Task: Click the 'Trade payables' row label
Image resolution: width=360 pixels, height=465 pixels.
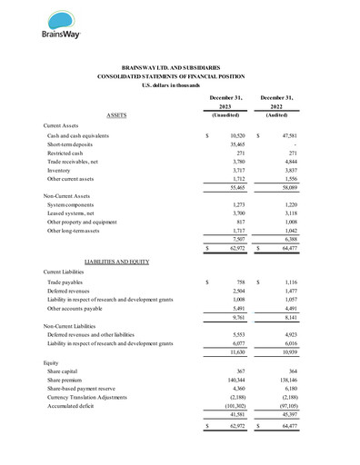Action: pos(66,283)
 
